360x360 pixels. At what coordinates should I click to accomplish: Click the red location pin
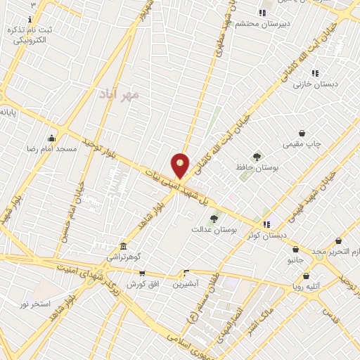point(181,165)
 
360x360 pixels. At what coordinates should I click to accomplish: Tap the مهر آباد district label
point(116,94)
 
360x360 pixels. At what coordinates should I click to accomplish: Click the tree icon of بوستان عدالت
point(214,219)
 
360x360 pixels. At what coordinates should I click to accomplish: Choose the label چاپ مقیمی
point(302,144)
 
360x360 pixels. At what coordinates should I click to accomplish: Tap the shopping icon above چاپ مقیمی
point(302,133)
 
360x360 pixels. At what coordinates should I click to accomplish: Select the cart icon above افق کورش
point(142,274)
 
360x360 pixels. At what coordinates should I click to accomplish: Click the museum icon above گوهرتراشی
point(124,246)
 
